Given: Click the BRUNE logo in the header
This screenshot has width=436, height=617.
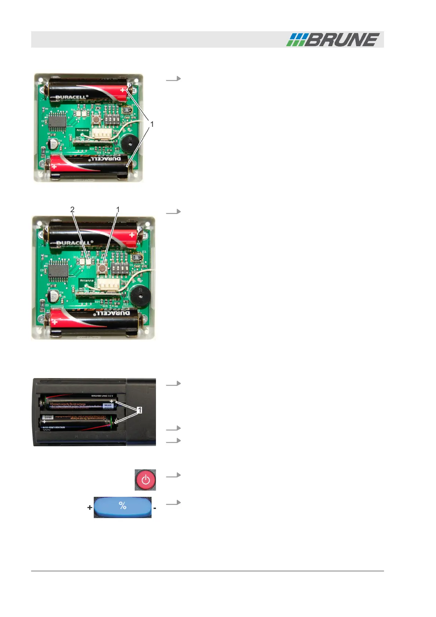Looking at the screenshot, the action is [x=333, y=40].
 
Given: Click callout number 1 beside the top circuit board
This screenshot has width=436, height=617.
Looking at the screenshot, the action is [x=152, y=124].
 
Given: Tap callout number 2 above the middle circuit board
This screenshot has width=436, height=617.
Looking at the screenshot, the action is [x=72, y=209].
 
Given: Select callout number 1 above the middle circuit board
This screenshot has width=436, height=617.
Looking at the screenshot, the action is [x=118, y=209].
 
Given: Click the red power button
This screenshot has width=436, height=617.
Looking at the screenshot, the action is [x=145, y=480].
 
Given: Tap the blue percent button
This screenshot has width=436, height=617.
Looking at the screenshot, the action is [x=123, y=507].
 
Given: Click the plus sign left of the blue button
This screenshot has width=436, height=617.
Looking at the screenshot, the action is [x=90, y=507].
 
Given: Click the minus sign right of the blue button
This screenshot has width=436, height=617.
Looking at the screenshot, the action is [x=155, y=508].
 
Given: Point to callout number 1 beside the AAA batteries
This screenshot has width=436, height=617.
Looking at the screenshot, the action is [x=139, y=410].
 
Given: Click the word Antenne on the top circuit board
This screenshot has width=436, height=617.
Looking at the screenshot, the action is [x=82, y=130].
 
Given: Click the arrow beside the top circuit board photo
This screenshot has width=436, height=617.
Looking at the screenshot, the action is [x=173, y=78].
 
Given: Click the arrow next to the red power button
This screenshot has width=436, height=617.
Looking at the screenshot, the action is [x=173, y=475].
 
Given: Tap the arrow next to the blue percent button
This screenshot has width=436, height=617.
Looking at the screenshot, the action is [x=173, y=502].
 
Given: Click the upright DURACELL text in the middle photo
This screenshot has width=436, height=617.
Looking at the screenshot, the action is [x=75, y=243].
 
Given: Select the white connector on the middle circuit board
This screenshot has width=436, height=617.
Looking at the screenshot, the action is [x=108, y=284].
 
